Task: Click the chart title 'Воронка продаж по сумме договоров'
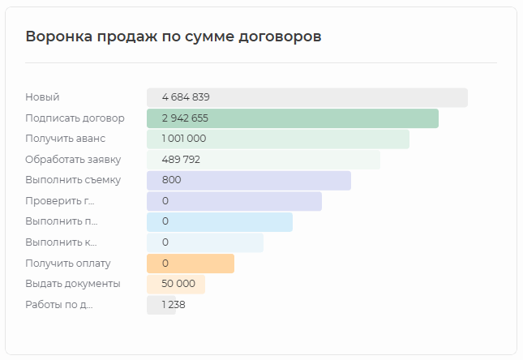[x=174, y=36]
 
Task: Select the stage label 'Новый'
[x=42, y=97]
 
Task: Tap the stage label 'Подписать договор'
[x=75, y=118]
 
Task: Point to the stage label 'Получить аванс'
[x=65, y=139]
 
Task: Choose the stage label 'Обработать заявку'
[x=73, y=160]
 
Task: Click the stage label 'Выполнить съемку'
[x=73, y=180]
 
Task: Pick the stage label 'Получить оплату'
[x=68, y=264]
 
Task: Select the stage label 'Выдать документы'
[x=73, y=284]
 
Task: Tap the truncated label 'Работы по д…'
[x=59, y=305]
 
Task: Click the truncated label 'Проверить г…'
[x=60, y=201]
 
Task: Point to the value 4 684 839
[x=186, y=97]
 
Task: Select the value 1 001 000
[x=184, y=139]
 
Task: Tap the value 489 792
[x=181, y=160]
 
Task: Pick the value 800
[x=171, y=180]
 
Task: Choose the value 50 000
[x=178, y=284]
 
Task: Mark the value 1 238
[x=174, y=305]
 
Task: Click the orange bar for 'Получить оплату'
[x=203, y=264]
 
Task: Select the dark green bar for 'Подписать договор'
[x=324, y=118]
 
